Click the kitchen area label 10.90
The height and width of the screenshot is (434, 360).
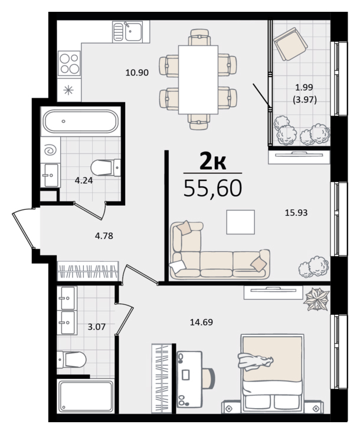(137, 73)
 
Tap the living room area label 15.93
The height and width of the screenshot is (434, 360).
(296, 212)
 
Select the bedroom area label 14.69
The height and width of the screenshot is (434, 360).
(201, 322)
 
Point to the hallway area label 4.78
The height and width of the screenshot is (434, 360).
(104, 236)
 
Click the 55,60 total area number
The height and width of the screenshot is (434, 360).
(212, 188)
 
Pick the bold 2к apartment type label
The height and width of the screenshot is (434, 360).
(212, 162)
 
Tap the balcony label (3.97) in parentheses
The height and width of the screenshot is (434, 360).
(305, 99)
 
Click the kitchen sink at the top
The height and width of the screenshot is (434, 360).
(127, 32)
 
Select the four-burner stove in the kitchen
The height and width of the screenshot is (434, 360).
(69, 63)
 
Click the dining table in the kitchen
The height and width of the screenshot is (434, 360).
(198, 80)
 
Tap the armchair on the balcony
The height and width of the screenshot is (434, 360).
(290, 44)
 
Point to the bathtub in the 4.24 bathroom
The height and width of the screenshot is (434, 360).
(81, 121)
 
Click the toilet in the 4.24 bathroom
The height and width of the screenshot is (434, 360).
(106, 167)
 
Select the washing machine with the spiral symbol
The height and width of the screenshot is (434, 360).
(50, 150)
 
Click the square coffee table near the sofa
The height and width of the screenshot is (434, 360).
(240, 222)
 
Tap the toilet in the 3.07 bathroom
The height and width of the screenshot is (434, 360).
(71, 360)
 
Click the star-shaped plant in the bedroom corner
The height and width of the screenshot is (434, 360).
(316, 299)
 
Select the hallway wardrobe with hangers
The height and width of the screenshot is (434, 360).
(88, 271)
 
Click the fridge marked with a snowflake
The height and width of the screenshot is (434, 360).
(69, 90)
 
